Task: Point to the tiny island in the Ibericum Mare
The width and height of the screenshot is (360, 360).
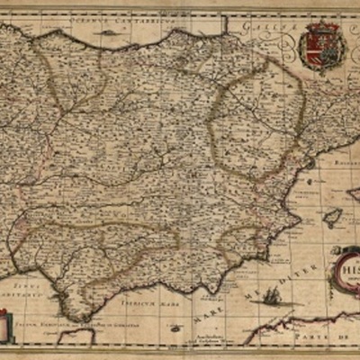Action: [x=175, y=303]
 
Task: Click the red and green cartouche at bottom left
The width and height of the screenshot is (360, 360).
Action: [x=6, y=324]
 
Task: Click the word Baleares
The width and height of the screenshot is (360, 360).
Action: [x=343, y=166]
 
